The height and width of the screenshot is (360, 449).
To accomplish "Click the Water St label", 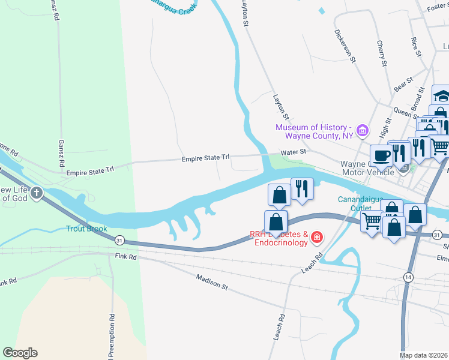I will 294,152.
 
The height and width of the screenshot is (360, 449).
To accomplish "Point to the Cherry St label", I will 381,53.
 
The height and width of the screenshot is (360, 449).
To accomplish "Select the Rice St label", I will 415,46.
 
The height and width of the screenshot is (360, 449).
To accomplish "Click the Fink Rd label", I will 125,256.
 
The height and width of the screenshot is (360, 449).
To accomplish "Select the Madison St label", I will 212,282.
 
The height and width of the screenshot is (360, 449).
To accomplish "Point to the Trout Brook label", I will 86,229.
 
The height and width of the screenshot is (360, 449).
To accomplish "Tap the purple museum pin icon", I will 361,130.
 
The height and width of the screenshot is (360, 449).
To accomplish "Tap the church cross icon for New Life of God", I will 37,193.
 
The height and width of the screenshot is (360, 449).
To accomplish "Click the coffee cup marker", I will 381,155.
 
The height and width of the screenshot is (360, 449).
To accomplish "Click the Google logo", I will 20,352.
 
